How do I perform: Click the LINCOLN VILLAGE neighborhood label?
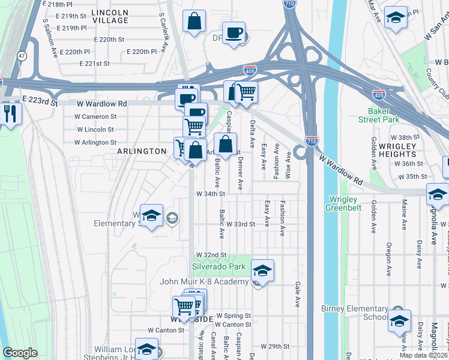pyautogui.click(x=111, y=16)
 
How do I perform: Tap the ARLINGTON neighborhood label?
pyautogui.click(x=142, y=151)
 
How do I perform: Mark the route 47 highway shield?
pyautogui.click(x=22, y=56)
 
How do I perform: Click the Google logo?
pyautogui.click(x=20, y=353)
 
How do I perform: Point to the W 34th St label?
pyautogui.click(x=210, y=194)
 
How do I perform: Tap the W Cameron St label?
pyautogui.click(x=95, y=116)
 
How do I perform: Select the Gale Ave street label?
pyautogui.click(x=297, y=295)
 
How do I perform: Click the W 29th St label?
pyautogui.click(x=276, y=347)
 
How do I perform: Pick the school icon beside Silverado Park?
pyautogui.click(x=262, y=270)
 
